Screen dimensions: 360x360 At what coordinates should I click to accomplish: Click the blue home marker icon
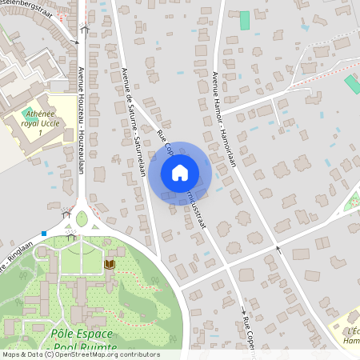[180, 172]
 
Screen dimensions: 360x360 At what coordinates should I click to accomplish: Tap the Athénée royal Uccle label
[41, 119]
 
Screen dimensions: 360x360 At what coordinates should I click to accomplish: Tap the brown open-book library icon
[110, 263]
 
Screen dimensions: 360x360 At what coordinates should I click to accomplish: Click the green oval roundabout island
[82, 218]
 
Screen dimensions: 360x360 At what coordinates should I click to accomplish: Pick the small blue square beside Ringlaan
[44, 234]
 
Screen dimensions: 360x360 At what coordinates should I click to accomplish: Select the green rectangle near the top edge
[245, 21]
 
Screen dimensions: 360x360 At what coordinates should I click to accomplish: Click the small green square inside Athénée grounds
[28, 113]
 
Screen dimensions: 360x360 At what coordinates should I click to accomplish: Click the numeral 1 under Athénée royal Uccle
[40, 133]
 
